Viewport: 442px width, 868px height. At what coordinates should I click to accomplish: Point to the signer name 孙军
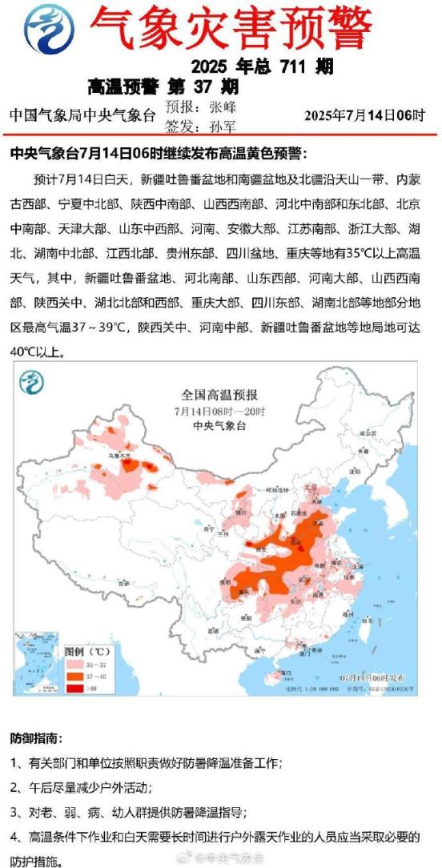pyautogui.click(x=221, y=124)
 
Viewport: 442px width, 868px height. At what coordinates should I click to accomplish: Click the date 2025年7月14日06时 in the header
pyautogui.click(x=364, y=115)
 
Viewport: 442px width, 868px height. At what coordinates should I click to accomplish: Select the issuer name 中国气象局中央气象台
pyautogui.click(x=82, y=115)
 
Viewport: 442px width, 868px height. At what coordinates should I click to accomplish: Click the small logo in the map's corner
pyautogui.click(x=33, y=383)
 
